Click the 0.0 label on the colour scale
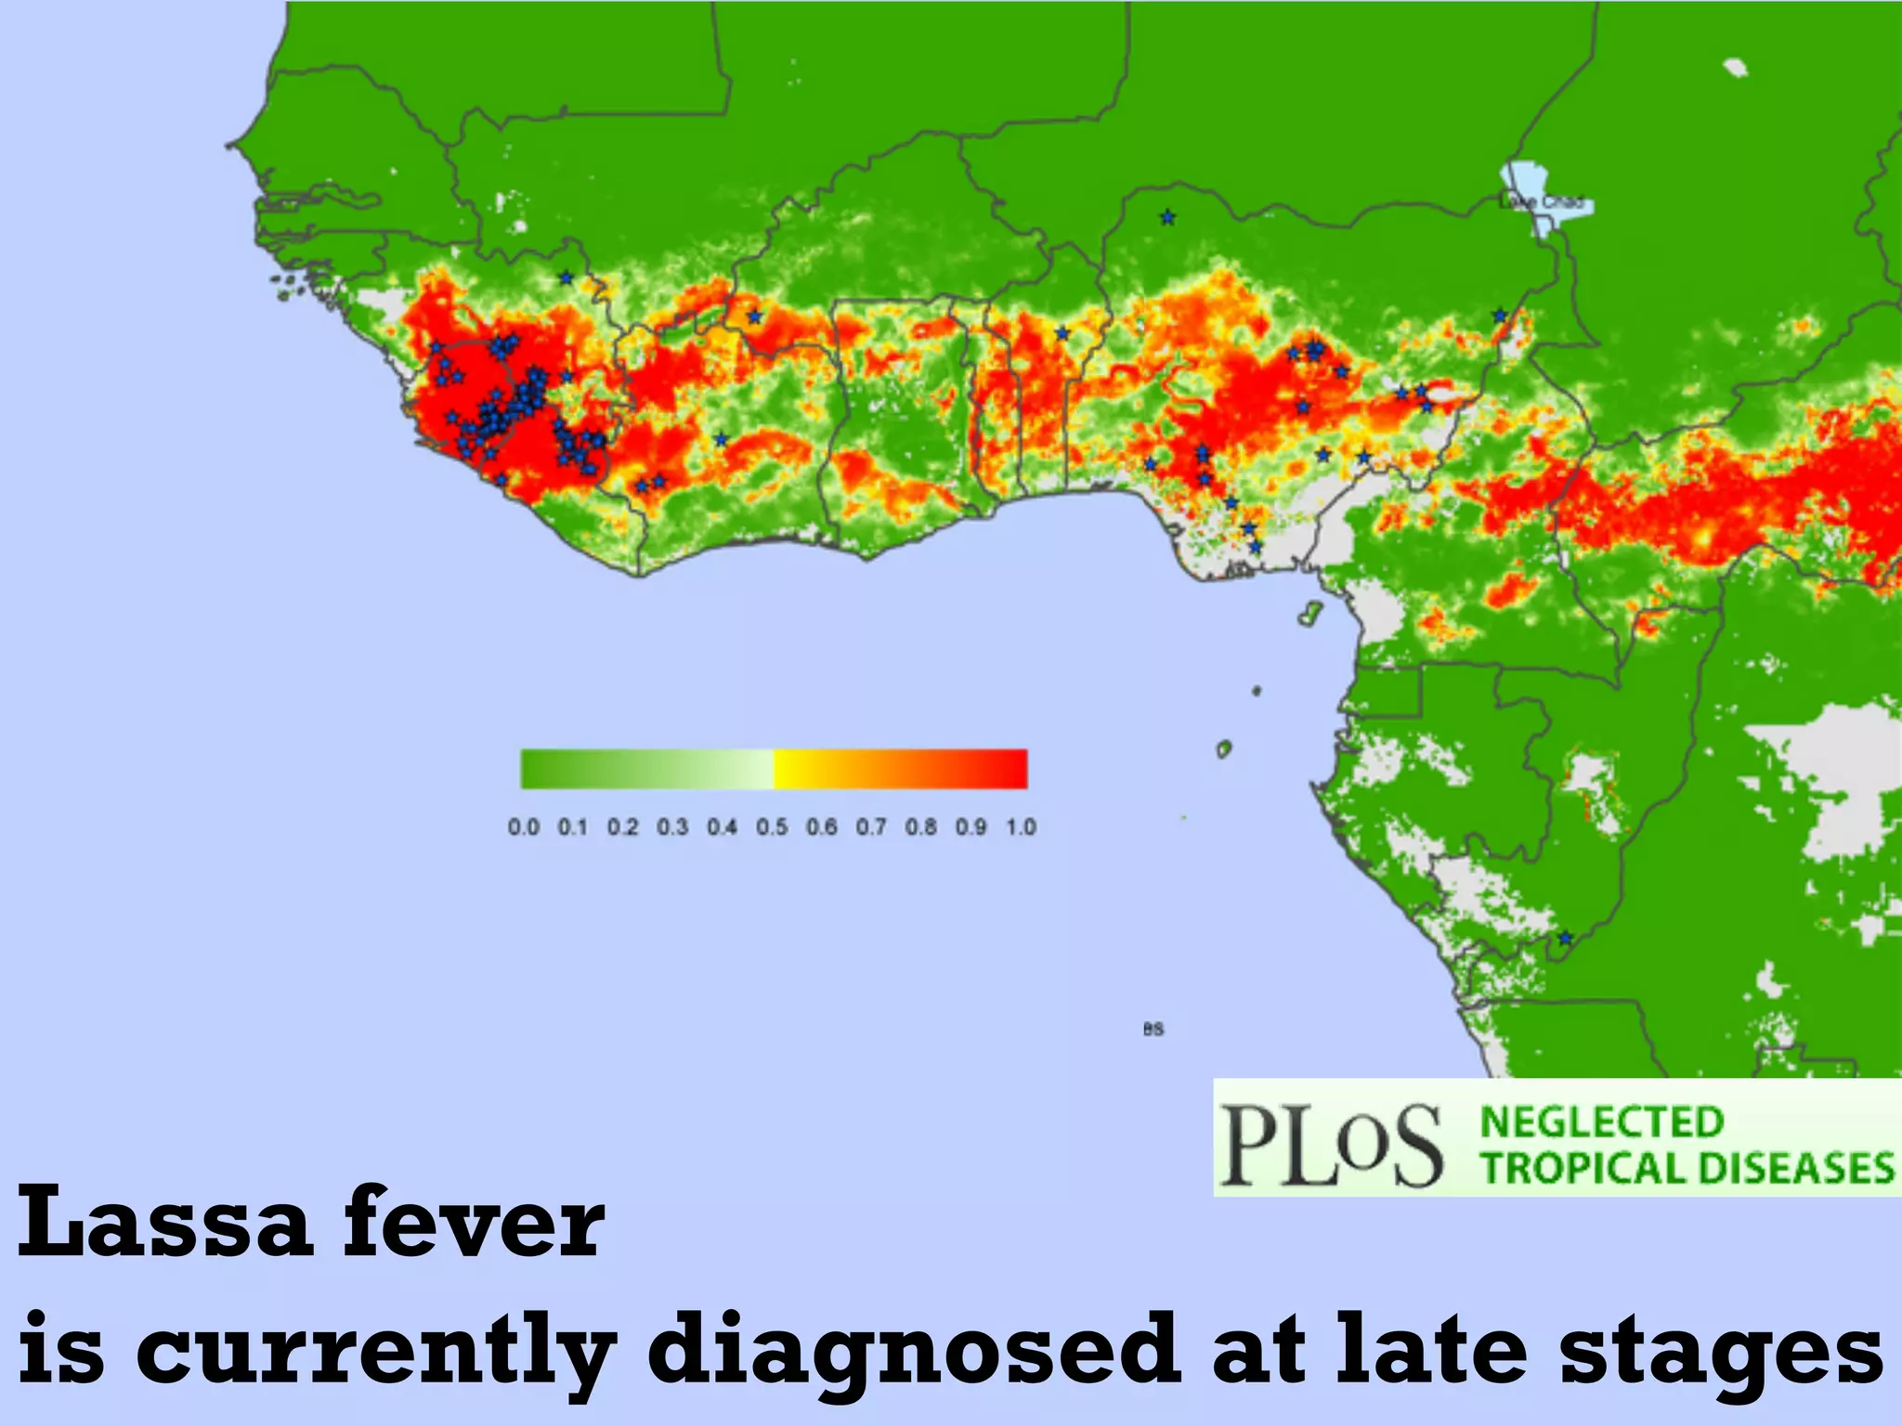click(524, 826)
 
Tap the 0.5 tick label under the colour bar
click(772, 826)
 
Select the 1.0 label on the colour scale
click(1021, 826)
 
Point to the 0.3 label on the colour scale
click(672, 826)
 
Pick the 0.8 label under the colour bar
click(921, 826)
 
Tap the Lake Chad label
click(1545, 201)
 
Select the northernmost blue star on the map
click(1167, 217)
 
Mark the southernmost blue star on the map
click(1566, 938)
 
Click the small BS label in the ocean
click(1153, 1029)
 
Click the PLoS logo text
click(1331, 1145)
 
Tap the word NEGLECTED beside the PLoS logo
click(1602, 1121)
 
